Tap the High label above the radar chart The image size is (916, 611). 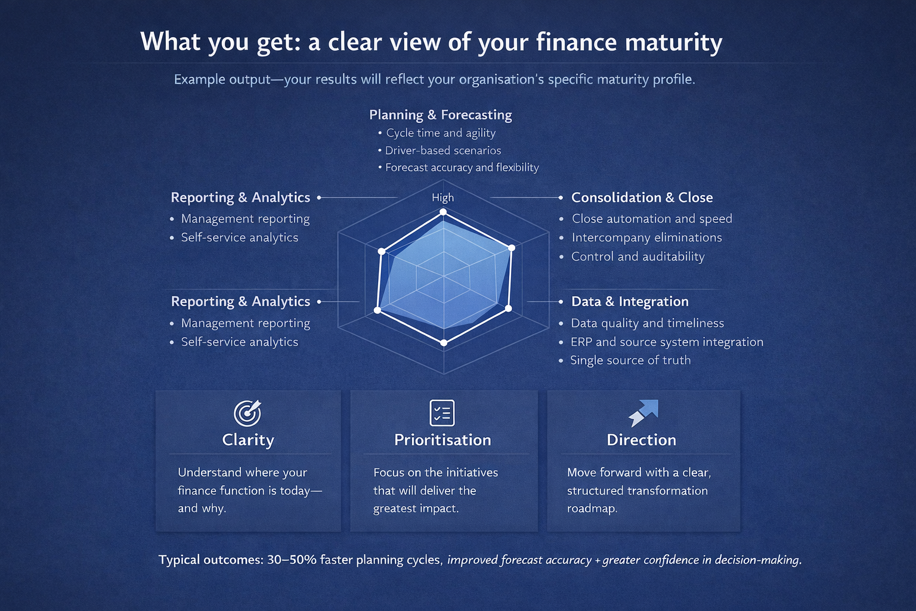tap(442, 198)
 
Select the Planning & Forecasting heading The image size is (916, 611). tap(440, 115)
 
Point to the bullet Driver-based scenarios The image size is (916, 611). tap(442, 150)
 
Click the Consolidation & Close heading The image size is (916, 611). tap(642, 198)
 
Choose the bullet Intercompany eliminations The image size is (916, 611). tap(646, 237)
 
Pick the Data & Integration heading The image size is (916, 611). tap(630, 301)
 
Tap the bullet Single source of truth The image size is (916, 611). tap(630, 360)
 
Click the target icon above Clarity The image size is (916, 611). tap(247, 413)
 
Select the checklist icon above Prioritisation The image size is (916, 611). tap(442, 413)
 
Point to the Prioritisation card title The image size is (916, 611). tap(442, 440)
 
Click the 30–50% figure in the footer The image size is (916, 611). tap(292, 560)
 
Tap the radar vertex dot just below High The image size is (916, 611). tap(442, 212)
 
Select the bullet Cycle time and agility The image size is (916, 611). tap(441, 133)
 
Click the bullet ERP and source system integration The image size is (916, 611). tap(667, 342)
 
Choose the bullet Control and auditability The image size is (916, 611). tap(638, 257)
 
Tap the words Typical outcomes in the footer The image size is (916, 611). tap(210, 560)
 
